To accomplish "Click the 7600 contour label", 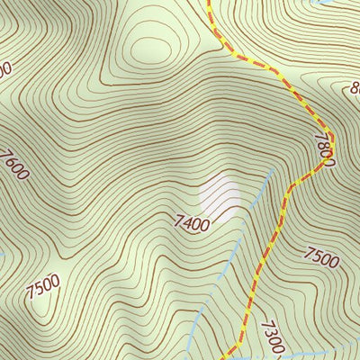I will click(x=15, y=166).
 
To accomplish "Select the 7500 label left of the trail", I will click(x=42, y=288).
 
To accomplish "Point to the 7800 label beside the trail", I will click(x=324, y=150).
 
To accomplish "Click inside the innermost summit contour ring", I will click(x=149, y=45).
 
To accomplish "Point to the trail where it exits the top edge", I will click(x=208, y=3).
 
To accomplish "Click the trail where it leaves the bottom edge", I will click(x=230, y=356).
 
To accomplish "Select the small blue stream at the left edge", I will click(x=3, y=255).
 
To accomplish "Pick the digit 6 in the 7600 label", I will click(x=13, y=163).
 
